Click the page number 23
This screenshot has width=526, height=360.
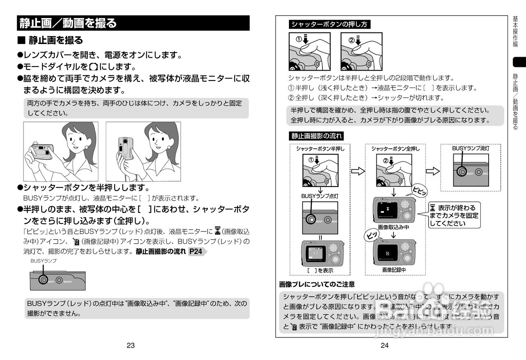tap(131, 346)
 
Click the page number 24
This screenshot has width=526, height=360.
tap(385, 346)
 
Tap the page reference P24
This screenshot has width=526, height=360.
tap(196, 252)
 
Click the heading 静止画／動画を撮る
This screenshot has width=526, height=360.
tap(68, 23)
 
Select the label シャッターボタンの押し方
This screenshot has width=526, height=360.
tap(329, 24)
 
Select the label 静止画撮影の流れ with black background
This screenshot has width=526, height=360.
tap(317, 136)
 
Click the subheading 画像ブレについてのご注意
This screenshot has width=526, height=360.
tap(317, 284)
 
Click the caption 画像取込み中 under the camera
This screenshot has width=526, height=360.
tap(394, 227)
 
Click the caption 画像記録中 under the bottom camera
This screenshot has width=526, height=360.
tap(394, 270)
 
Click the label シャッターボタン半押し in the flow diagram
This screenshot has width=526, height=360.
tap(320, 149)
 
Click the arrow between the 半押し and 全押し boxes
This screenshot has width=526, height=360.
tap(358, 171)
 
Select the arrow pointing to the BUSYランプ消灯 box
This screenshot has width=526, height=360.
tap(433, 171)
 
